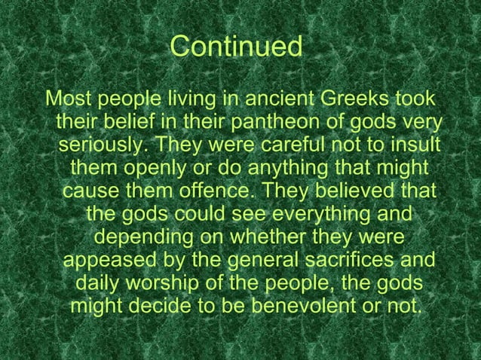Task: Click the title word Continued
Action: (x=236, y=47)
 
